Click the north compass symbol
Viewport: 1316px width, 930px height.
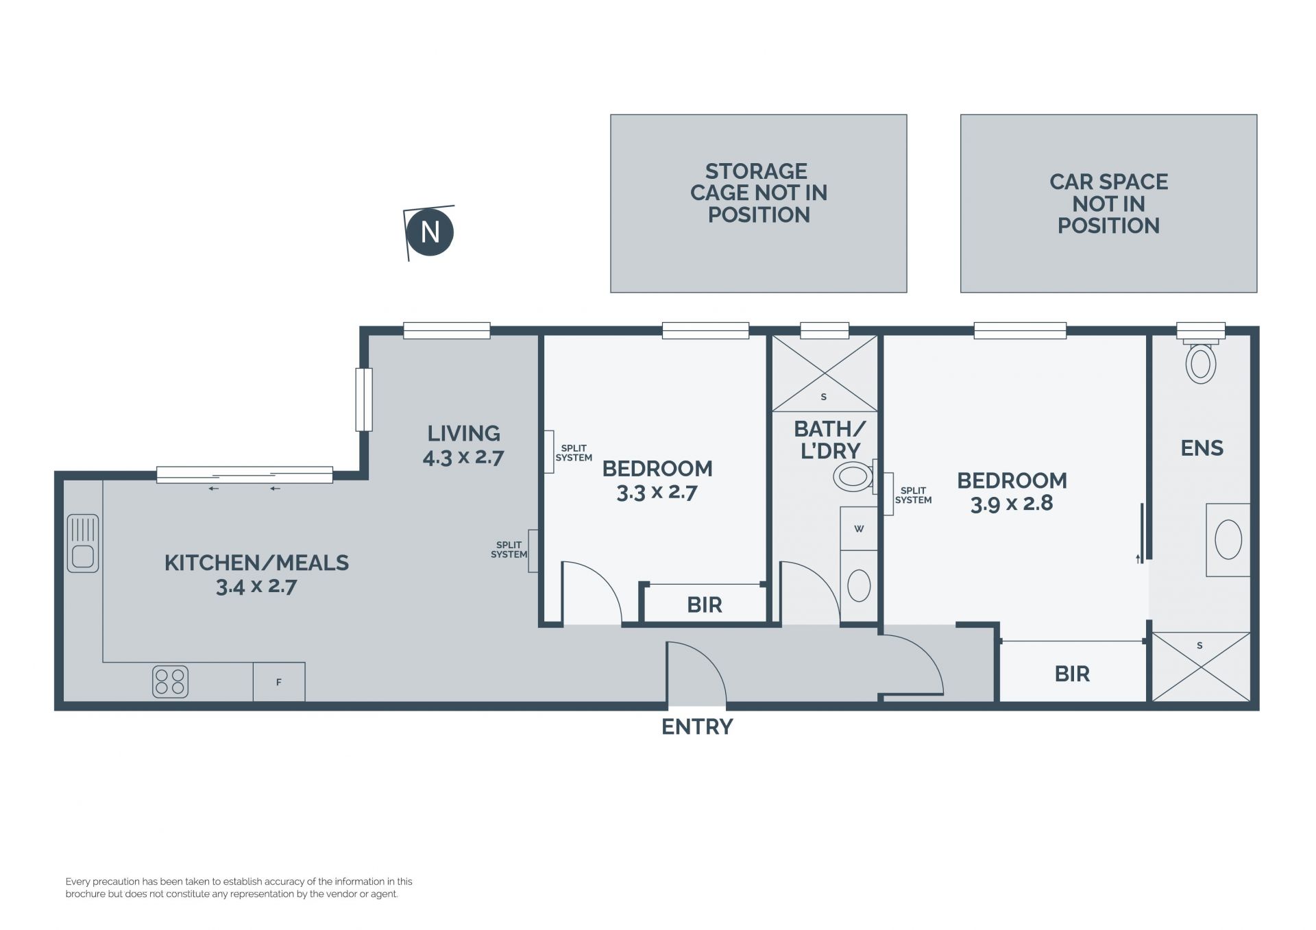(429, 232)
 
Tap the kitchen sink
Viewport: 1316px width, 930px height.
(83, 543)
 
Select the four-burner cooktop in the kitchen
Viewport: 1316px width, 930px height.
(170, 682)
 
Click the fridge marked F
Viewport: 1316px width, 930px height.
(279, 682)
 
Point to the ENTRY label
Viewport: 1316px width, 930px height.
(697, 726)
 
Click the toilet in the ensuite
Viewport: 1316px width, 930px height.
(1200, 361)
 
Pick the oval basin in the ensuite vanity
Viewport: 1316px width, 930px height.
(1228, 539)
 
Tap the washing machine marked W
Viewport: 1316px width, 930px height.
(859, 528)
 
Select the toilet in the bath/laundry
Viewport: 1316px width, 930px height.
(855, 476)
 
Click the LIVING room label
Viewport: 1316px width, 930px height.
(464, 433)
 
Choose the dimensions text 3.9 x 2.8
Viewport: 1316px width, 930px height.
(1012, 503)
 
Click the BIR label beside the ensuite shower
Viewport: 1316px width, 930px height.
(1072, 674)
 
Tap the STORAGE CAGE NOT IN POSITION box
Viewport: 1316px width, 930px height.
(759, 204)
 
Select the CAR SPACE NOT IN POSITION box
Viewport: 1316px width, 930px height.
(1108, 204)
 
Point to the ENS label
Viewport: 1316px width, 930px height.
(1202, 448)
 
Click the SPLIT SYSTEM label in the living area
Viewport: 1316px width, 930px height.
(509, 550)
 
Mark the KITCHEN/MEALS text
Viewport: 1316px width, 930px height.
(256, 563)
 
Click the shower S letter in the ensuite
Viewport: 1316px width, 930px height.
(1199, 646)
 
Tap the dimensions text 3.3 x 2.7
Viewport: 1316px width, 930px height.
(657, 492)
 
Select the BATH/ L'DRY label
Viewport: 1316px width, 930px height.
(830, 440)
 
